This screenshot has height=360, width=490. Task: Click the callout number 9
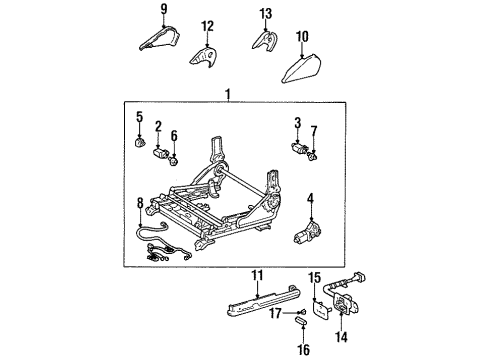165,10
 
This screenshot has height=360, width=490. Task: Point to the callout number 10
302,37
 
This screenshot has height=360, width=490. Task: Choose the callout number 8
140,205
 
